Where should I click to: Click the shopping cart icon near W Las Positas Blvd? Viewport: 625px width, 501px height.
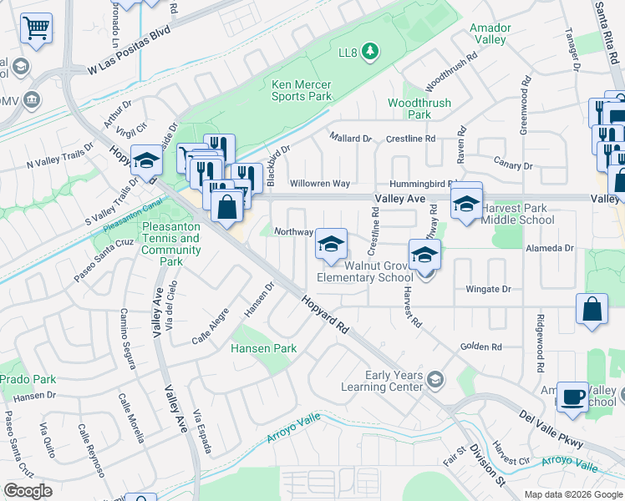(36, 28)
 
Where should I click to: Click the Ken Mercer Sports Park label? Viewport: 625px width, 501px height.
(302, 90)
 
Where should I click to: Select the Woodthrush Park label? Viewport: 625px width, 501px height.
(419, 108)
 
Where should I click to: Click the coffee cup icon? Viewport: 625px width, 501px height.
(573, 397)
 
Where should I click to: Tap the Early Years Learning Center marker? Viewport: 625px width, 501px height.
(434, 381)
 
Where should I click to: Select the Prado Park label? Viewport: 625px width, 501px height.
(26, 379)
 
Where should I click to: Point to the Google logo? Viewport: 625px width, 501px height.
(28, 491)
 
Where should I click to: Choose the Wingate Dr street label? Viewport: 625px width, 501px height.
(488, 290)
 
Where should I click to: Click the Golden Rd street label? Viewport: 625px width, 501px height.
(480, 347)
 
